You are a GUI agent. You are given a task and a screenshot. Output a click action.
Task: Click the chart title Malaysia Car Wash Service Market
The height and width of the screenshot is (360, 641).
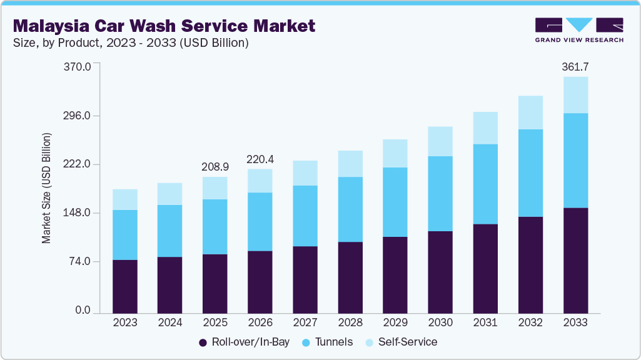click(x=164, y=26)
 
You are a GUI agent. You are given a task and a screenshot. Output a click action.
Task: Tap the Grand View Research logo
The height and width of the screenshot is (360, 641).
click(x=579, y=29)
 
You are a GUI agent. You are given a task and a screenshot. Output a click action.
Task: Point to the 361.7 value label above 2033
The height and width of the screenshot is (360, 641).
click(x=575, y=67)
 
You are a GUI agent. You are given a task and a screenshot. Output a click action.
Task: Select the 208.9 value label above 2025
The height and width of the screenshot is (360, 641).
click(x=215, y=167)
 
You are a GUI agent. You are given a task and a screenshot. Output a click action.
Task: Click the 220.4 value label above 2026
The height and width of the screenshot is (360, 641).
click(x=260, y=159)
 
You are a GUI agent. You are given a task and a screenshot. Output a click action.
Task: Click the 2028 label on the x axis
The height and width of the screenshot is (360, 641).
click(x=350, y=322)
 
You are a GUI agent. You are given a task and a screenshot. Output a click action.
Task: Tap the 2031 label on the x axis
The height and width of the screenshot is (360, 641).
click(x=485, y=322)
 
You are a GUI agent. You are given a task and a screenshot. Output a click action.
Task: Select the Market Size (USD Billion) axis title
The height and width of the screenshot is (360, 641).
click(x=46, y=188)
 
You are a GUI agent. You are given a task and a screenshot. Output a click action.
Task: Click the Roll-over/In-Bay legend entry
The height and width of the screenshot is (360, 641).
click(x=240, y=342)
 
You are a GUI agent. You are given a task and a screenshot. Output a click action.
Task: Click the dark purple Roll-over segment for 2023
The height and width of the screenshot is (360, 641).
click(x=125, y=286)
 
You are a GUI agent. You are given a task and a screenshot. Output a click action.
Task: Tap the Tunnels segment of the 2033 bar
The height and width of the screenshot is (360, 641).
click(x=575, y=160)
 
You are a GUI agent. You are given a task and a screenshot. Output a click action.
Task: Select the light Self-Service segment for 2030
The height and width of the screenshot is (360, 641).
click(x=440, y=141)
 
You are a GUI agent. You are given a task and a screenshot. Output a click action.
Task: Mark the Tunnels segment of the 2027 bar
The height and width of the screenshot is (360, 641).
click(x=305, y=216)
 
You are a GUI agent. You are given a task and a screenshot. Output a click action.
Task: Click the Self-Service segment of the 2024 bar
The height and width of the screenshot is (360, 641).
click(x=170, y=194)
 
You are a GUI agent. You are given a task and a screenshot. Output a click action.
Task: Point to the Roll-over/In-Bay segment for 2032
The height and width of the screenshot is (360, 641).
click(x=530, y=265)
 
